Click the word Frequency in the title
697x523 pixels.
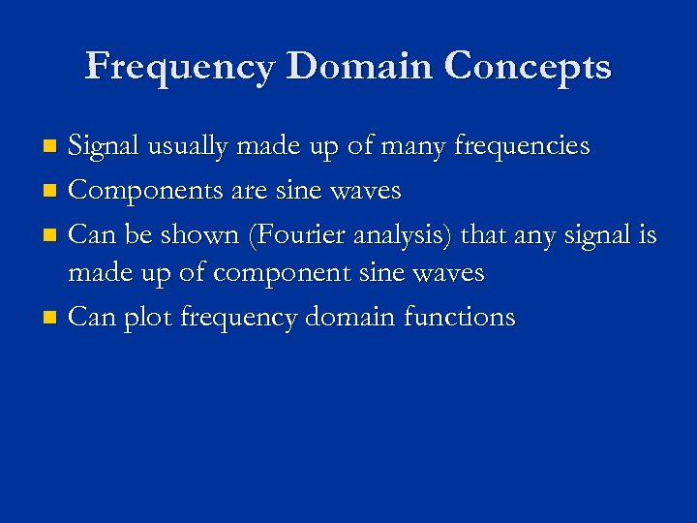pyautogui.click(x=180, y=67)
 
